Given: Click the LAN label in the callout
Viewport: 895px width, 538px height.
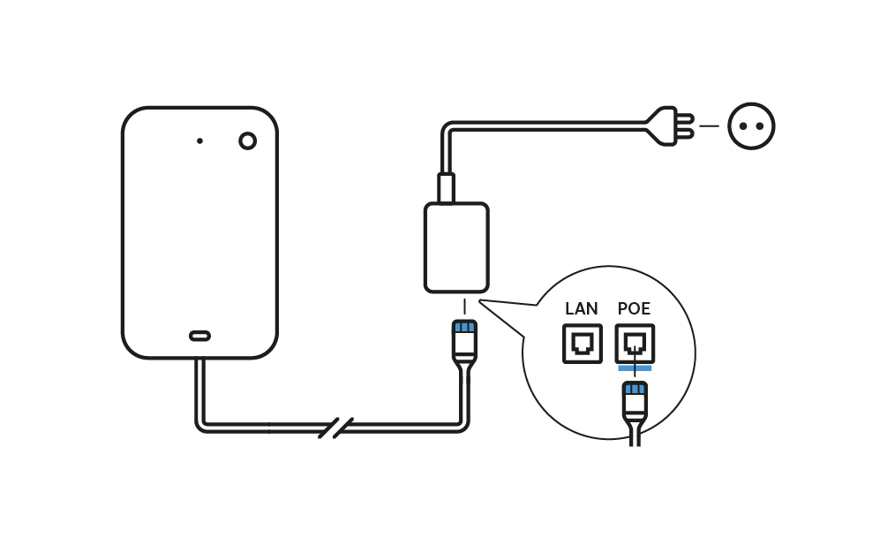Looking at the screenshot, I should pyautogui.click(x=582, y=309).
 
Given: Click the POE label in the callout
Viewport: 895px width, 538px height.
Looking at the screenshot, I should pyautogui.click(x=634, y=309).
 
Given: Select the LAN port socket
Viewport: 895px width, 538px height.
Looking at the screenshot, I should pyautogui.click(x=583, y=344).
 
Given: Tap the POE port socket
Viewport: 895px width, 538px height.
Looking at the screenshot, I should pyautogui.click(x=635, y=344).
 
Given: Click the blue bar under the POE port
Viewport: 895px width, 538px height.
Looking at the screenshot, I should pyautogui.click(x=635, y=368).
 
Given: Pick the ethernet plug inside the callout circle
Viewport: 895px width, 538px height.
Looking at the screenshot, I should pyautogui.click(x=635, y=399).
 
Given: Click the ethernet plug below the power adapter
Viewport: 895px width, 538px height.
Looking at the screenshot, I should pyautogui.click(x=464, y=340).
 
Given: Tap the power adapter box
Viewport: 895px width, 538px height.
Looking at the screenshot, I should pyautogui.click(x=456, y=247).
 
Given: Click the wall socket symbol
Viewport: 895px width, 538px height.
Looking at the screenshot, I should pyautogui.click(x=751, y=126).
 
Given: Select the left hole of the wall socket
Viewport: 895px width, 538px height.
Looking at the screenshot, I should pyautogui.click(x=743, y=126).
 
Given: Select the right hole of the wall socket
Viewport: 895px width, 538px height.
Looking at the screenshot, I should pyautogui.click(x=760, y=126).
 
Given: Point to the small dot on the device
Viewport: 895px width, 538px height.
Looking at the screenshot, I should pyautogui.click(x=199, y=140).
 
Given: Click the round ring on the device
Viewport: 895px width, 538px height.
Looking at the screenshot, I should pyautogui.click(x=247, y=140).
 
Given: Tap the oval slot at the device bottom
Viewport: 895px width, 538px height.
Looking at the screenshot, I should pyautogui.click(x=199, y=336).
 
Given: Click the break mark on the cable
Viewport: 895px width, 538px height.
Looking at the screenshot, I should pyautogui.click(x=335, y=428).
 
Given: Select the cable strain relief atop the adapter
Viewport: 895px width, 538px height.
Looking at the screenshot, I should pyautogui.click(x=446, y=188).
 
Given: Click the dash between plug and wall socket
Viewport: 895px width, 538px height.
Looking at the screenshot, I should pyautogui.click(x=709, y=126).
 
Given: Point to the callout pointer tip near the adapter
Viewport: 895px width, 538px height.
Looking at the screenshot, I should pyautogui.click(x=481, y=301).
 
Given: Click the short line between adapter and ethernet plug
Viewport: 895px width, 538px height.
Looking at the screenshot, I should pyautogui.click(x=464, y=307).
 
